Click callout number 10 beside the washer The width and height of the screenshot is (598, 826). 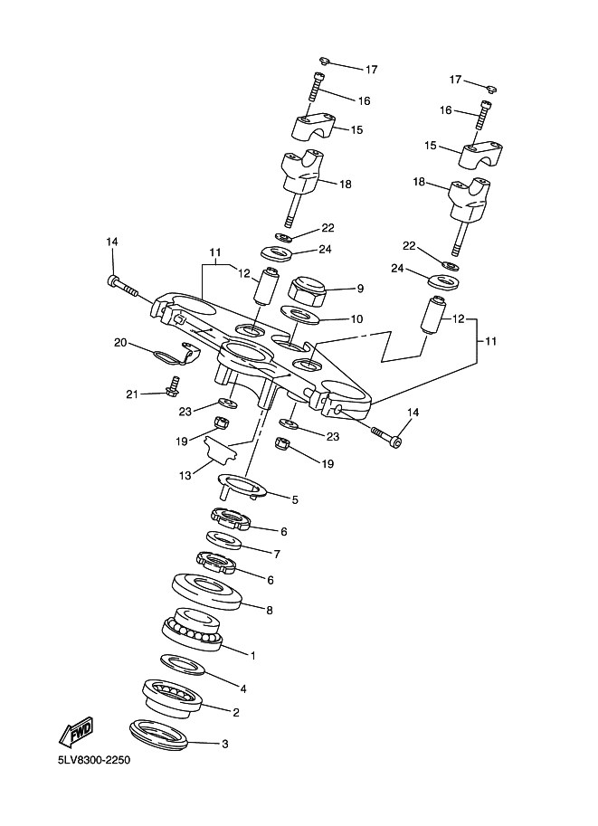(x=356, y=318)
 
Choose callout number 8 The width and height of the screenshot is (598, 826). (x=270, y=610)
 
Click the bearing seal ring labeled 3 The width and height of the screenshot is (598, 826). (x=158, y=733)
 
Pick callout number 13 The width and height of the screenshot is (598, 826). (x=185, y=475)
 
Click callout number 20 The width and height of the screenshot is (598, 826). (x=120, y=342)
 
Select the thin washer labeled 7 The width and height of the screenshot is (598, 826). (x=223, y=541)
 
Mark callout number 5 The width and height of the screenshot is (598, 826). (x=295, y=499)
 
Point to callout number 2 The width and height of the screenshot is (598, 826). (x=236, y=712)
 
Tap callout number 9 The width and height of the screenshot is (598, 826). (x=360, y=289)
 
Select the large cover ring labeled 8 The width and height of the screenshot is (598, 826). (x=207, y=591)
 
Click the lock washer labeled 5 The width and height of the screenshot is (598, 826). (x=242, y=486)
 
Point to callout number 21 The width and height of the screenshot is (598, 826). (x=132, y=394)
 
